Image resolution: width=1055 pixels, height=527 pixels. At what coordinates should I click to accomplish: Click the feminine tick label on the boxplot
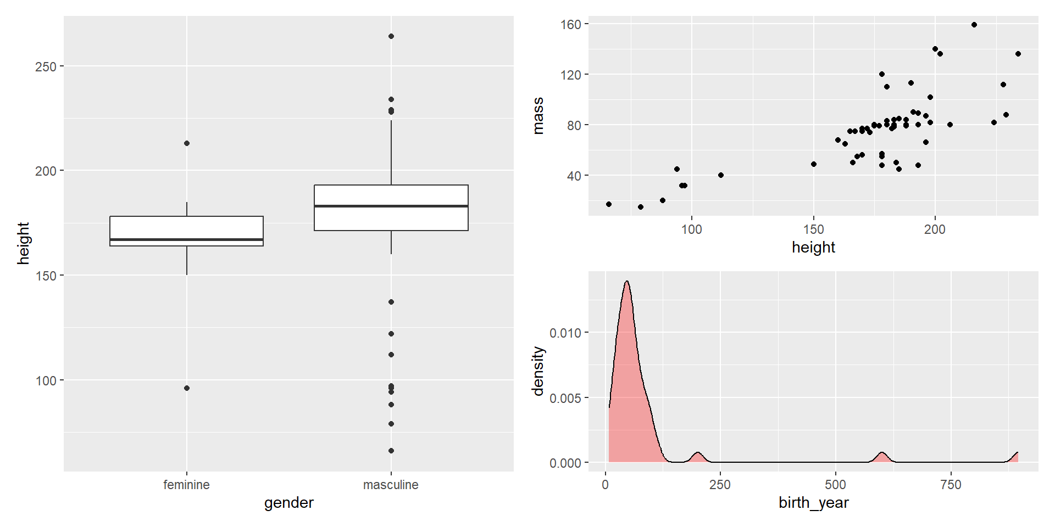(x=186, y=485)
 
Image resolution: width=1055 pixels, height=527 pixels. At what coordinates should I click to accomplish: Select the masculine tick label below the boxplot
(x=391, y=485)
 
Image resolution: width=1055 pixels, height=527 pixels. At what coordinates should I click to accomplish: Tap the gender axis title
(x=288, y=503)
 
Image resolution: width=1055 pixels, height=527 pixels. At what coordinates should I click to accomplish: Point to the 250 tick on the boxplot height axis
(x=46, y=66)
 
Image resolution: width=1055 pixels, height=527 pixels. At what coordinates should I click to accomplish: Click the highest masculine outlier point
(x=391, y=36)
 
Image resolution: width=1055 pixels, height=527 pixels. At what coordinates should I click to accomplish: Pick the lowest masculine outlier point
(x=391, y=451)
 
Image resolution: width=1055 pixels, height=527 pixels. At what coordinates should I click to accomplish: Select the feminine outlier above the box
(x=187, y=143)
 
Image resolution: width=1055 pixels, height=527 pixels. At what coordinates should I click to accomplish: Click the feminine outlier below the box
(x=187, y=388)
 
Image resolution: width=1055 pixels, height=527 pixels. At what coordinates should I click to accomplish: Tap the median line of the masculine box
(x=391, y=206)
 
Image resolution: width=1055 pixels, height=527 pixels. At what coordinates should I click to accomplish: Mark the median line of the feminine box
(x=187, y=240)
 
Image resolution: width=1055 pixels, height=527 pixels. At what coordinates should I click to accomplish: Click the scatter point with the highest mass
(x=974, y=25)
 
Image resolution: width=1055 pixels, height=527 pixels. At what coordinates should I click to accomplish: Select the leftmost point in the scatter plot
(x=609, y=204)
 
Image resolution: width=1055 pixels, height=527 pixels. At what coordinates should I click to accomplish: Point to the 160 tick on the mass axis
(x=571, y=25)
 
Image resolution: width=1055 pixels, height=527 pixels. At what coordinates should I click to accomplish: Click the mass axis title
(x=538, y=116)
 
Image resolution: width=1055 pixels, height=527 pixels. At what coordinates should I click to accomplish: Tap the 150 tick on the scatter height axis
(x=813, y=229)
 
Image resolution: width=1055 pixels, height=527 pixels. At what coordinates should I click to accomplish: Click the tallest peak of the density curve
(x=626, y=282)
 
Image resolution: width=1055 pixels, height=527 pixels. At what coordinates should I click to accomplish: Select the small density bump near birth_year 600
(x=882, y=453)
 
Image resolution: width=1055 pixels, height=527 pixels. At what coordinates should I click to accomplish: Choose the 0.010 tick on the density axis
(x=565, y=333)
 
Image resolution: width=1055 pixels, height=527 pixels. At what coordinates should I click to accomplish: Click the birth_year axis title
(x=813, y=503)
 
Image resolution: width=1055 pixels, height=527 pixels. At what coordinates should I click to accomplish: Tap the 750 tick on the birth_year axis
(x=951, y=485)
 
